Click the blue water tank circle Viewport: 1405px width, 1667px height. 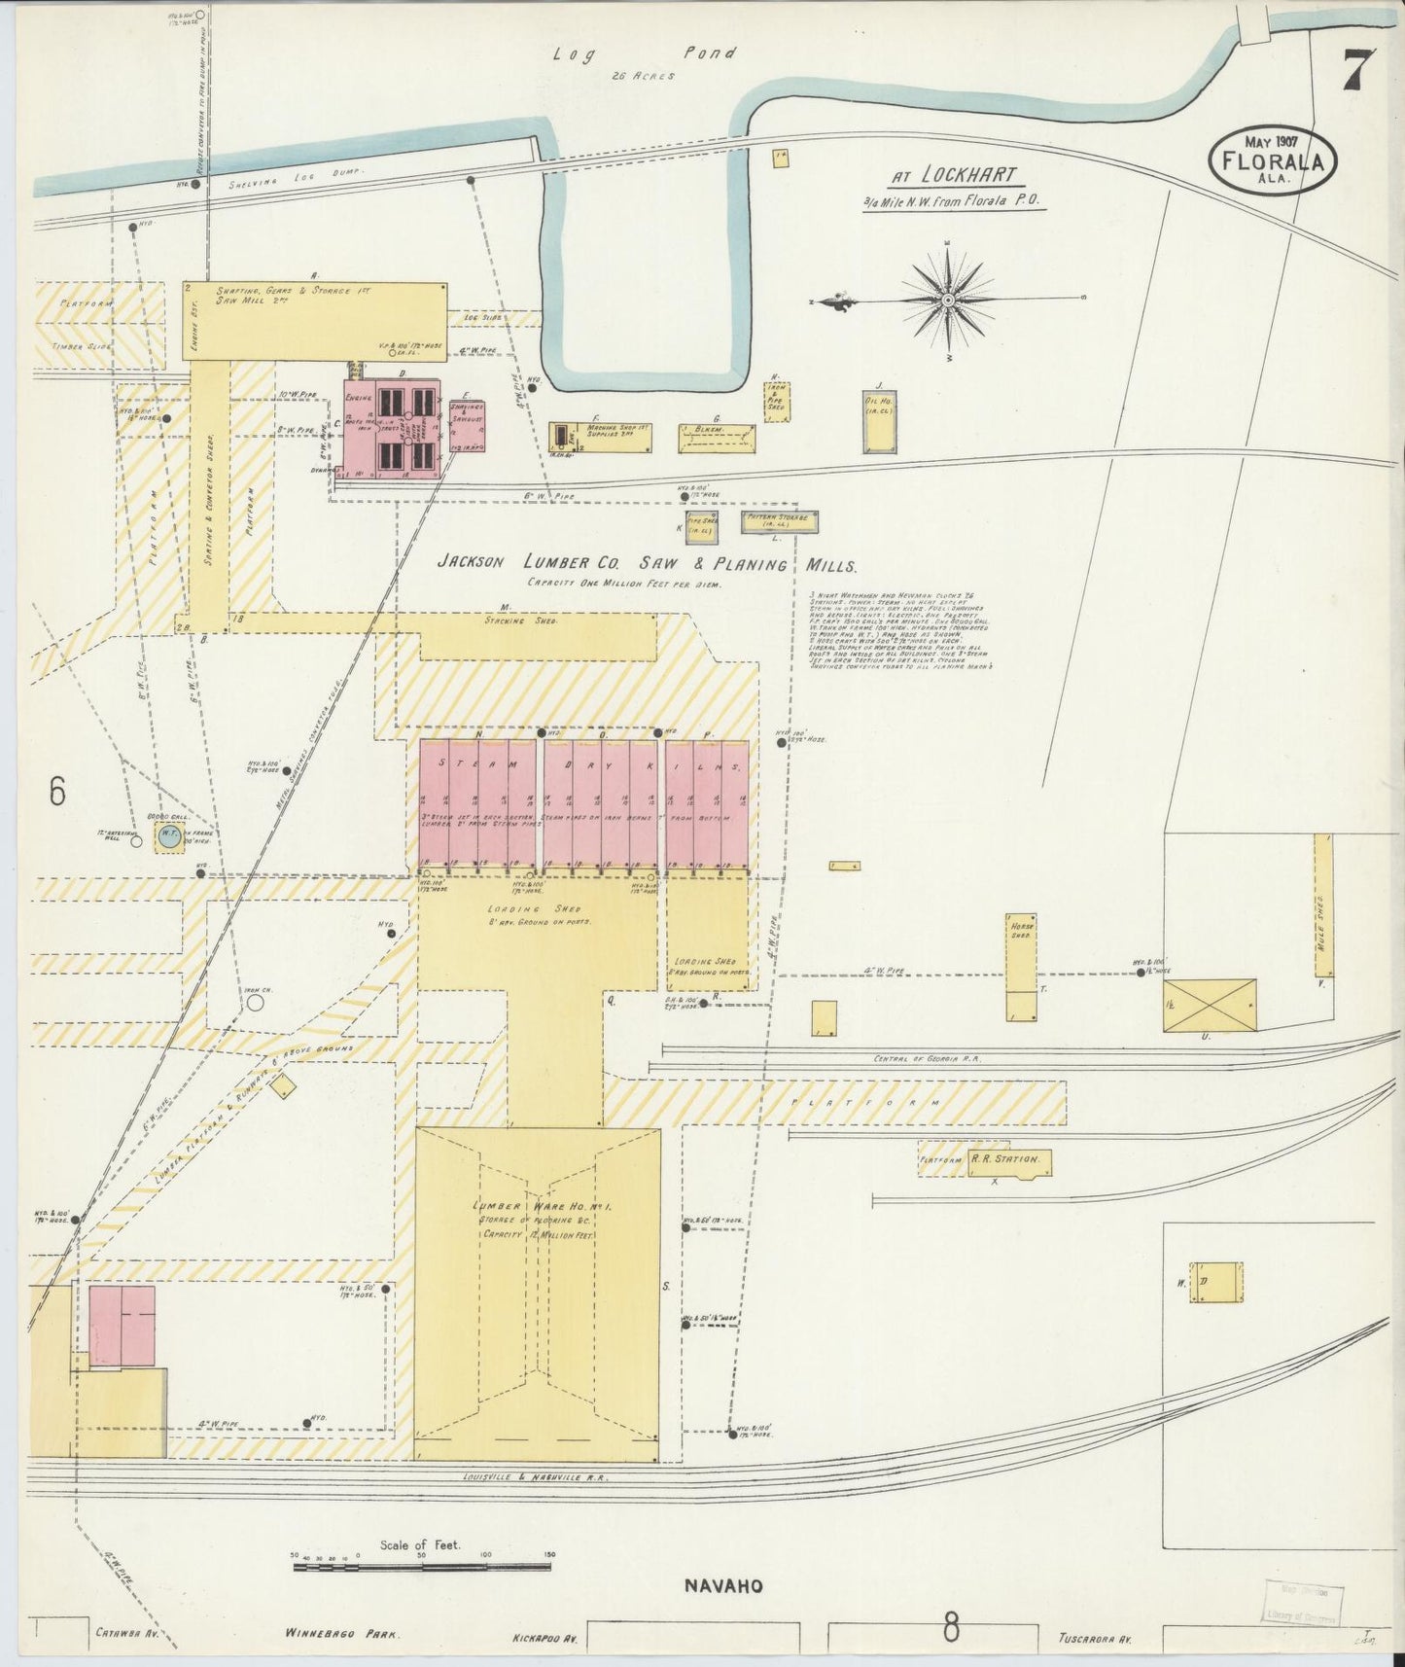[169, 837]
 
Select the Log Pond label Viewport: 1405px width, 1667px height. [645, 54]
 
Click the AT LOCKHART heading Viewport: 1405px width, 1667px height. [955, 176]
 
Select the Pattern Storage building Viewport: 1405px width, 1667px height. [779, 521]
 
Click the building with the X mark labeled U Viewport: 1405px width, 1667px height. [1210, 1005]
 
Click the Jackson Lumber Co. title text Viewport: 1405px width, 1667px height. [647, 564]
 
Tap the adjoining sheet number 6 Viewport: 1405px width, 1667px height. [57, 793]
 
